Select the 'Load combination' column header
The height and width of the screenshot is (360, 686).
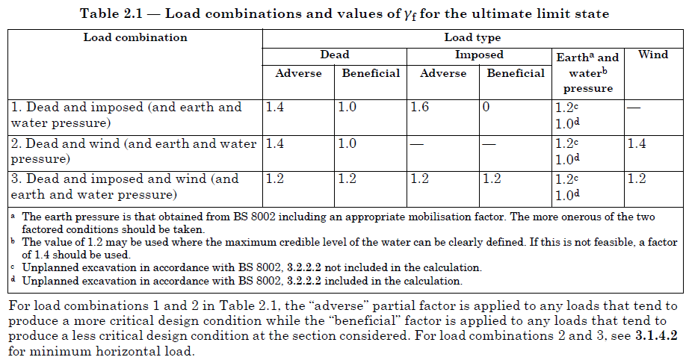[135, 37]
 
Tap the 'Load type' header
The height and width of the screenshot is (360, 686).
[472, 37]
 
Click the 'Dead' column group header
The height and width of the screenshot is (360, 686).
[334, 55]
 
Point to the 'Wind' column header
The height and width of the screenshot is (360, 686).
[652, 55]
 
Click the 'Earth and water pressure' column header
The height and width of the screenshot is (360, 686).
[587, 72]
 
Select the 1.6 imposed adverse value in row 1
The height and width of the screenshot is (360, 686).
[419, 108]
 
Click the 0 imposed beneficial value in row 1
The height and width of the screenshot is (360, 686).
[486, 108]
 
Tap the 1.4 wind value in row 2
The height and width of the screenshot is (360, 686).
[637, 143]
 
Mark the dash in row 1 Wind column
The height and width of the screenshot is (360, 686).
[634, 108]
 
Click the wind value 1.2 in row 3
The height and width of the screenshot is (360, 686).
[637, 179]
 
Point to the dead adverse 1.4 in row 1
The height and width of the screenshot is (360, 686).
[275, 108]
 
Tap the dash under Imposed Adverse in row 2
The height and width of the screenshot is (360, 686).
[418, 143]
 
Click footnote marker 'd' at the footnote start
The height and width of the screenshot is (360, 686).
[13, 280]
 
